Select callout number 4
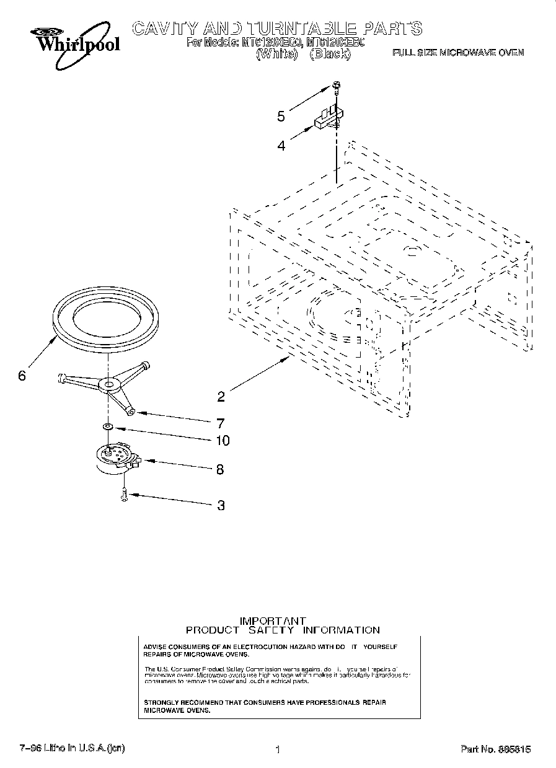pyautogui.click(x=281, y=146)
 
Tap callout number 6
pyautogui.click(x=22, y=376)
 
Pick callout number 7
pyautogui.click(x=220, y=423)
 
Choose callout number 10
pyautogui.click(x=221, y=441)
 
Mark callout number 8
pyautogui.click(x=220, y=470)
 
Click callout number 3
pyautogui.click(x=221, y=505)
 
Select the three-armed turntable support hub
pyautogui.click(x=110, y=386)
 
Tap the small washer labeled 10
pyautogui.click(x=108, y=426)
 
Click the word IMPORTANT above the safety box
pyautogui.click(x=273, y=620)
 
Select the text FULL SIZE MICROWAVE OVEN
pyautogui.click(x=458, y=53)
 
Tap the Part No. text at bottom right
pyautogui.click(x=495, y=749)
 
